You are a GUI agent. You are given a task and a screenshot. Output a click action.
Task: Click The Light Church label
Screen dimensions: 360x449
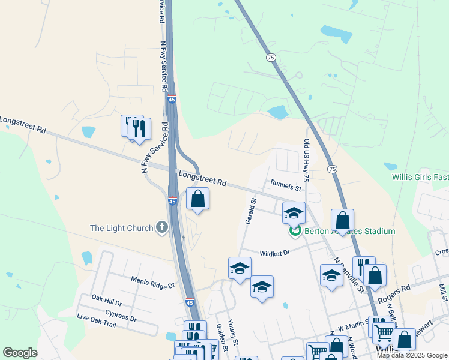point(121,228)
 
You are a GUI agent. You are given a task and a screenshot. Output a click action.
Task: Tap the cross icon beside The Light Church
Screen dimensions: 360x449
point(161,228)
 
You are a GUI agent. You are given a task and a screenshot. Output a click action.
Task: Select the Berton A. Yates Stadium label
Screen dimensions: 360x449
point(349,232)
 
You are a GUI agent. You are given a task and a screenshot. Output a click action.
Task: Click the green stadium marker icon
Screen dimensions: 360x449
point(295,230)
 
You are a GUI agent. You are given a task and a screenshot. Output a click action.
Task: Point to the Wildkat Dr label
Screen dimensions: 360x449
point(275,253)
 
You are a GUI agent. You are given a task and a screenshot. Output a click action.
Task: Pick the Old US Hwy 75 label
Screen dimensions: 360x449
point(306,160)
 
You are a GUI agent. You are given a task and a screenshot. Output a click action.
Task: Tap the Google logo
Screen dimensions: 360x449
point(20,353)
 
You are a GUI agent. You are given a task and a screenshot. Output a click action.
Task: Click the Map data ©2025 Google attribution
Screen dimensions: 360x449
point(412,355)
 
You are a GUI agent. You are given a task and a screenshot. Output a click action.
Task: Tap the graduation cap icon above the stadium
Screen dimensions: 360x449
point(294,213)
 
